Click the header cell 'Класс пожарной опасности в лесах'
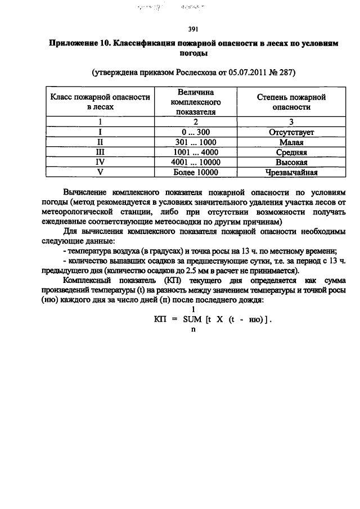[100, 101]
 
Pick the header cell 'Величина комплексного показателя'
[195, 101]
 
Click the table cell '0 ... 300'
[195, 133]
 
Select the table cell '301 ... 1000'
[195, 142]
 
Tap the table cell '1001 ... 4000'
[195, 152]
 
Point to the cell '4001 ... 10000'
[195, 162]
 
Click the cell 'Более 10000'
[195, 172]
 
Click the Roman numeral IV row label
[100, 162]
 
